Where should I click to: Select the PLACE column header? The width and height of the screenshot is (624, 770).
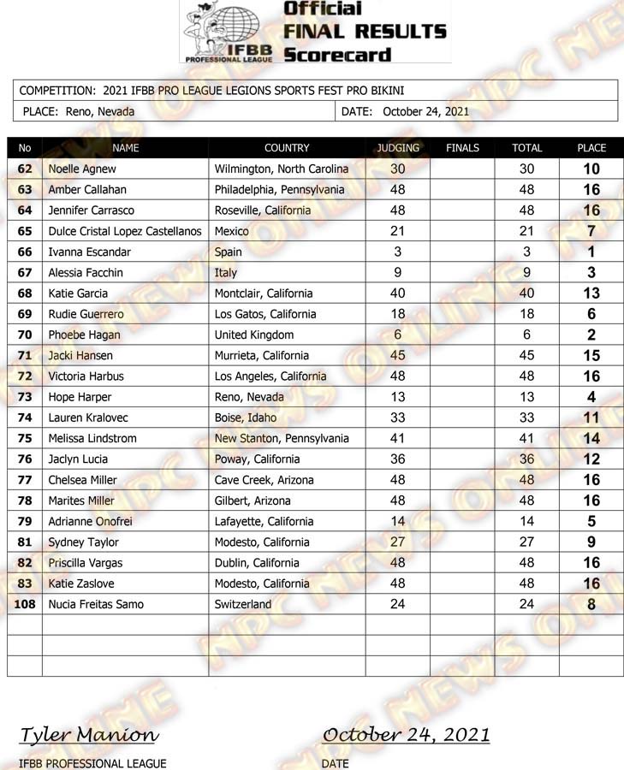point(591,148)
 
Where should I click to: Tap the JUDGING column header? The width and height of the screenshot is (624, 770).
point(398,148)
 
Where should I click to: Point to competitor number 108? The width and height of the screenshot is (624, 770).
point(24,604)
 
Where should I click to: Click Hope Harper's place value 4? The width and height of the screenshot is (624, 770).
point(591,397)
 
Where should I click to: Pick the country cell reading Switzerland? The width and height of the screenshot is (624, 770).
point(243,604)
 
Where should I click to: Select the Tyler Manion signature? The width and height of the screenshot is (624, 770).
point(88,735)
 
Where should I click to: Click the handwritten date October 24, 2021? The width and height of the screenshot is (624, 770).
point(406,735)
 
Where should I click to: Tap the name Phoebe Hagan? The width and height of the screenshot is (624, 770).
point(84,335)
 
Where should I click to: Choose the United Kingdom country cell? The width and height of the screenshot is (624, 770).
point(254,335)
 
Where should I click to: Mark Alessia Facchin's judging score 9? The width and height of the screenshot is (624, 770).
point(398,273)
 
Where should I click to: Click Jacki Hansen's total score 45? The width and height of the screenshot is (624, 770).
point(526,356)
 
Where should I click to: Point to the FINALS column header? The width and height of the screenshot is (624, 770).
point(462,148)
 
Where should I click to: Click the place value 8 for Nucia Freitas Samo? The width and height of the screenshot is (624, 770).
point(591,605)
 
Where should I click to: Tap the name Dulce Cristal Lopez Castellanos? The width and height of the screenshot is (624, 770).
point(125,231)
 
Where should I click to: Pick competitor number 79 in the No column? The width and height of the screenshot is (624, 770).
point(24,521)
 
